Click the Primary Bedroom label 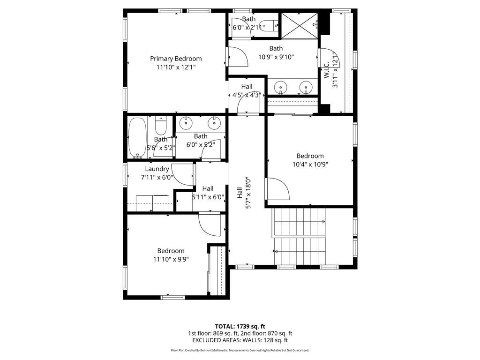[176, 59]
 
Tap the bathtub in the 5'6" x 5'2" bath [137, 138]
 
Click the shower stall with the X [300, 26]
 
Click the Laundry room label [157, 169]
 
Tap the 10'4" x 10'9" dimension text [310, 165]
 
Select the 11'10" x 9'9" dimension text [171, 259]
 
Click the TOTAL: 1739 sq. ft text [240, 326]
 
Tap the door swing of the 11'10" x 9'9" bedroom [210, 225]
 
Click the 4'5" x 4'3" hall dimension [247, 95]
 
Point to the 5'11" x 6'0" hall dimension [208, 197]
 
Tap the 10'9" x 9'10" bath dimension [276, 57]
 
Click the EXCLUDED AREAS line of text [240, 340]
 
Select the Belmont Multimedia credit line [240, 350]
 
